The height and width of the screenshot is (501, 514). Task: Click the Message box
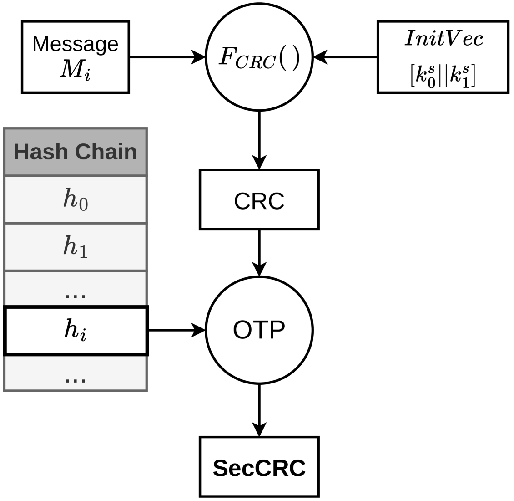pyautogui.click(x=75, y=56)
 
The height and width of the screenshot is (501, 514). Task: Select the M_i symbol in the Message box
pyautogui.click(x=75, y=72)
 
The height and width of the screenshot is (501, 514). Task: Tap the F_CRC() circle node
pyautogui.click(x=259, y=57)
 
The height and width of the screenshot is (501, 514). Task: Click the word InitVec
pyautogui.click(x=443, y=39)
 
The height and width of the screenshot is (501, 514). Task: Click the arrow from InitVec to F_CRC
pyautogui.click(x=346, y=57)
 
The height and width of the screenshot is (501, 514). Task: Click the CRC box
pyautogui.click(x=259, y=199)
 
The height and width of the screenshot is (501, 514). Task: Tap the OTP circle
pyautogui.click(x=259, y=330)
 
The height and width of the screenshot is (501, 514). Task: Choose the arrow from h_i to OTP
pyautogui.click(x=177, y=330)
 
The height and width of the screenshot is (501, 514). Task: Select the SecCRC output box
pyautogui.click(x=259, y=467)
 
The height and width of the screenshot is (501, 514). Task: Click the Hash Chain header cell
pyautogui.click(x=75, y=152)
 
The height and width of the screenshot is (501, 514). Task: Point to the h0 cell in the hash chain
pyautogui.click(x=75, y=199)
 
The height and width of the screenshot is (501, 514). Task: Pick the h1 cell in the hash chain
pyautogui.click(x=75, y=247)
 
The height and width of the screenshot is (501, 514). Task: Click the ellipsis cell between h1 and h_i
pyautogui.click(x=75, y=289)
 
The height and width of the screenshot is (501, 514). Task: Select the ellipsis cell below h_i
pyautogui.click(x=75, y=373)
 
